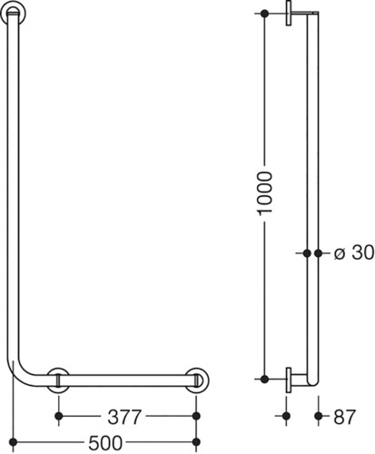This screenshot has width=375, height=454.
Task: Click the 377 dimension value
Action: [124, 417]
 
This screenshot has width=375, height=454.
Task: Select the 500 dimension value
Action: [105, 443]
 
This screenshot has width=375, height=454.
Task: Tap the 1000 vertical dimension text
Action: [264, 193]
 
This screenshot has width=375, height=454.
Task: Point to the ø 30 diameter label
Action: [354, 252]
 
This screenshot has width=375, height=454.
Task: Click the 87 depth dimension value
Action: [345, 417]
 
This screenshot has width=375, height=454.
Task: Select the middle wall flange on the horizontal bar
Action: [58, 380]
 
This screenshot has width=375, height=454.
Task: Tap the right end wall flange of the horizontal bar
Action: [197, 380]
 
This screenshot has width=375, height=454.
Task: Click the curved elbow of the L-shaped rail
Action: [22, 373]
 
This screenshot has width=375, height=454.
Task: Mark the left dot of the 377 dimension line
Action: [59, 416]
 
